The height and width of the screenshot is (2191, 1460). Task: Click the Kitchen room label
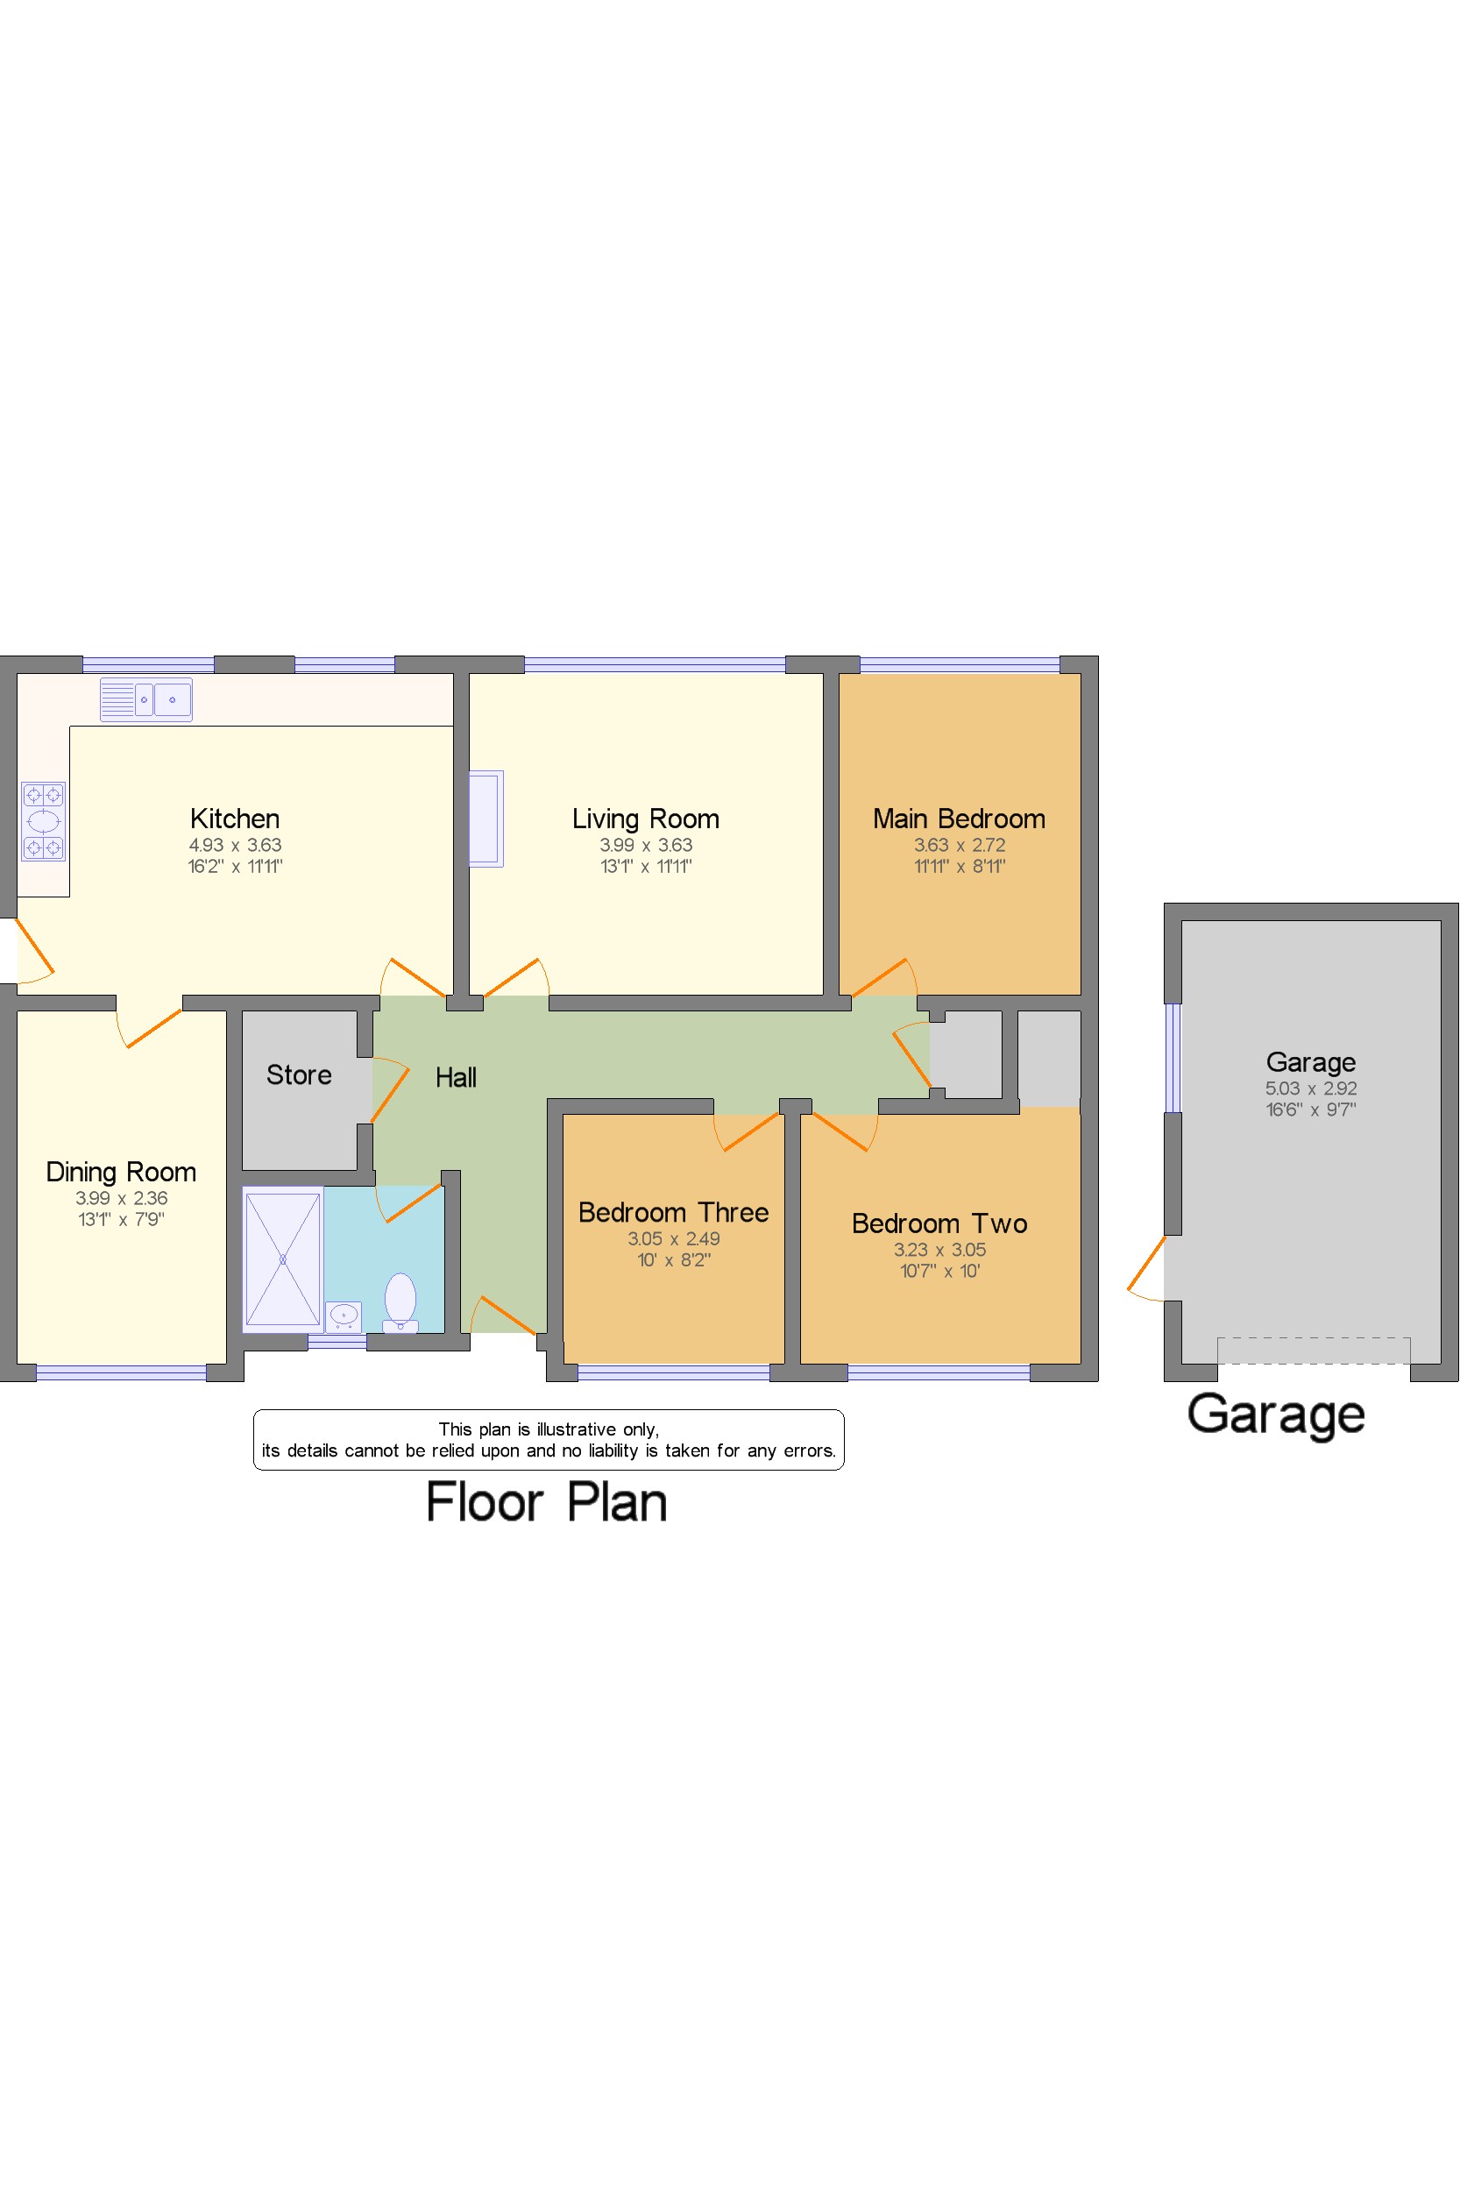click(x=235, y=819)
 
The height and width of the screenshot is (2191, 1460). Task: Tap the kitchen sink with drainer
click(x=146, y=699)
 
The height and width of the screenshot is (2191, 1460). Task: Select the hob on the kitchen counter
click(x=44, y=820)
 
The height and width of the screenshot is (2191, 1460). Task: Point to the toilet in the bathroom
click(x=400, y=1301)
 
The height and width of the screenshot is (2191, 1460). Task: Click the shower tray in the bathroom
click(x=282, y=1259)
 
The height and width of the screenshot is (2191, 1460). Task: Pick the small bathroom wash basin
click(x=344, y=1315)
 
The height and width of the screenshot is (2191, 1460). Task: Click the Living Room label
click(x=645, y=819)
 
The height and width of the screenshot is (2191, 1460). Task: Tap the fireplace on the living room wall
click(x=485, y=819)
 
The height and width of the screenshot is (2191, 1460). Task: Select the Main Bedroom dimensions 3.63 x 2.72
click(x=959, y=845)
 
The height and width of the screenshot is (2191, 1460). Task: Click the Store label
click(x=299, y=1074)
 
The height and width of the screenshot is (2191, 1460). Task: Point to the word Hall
click(x=456, y=1077)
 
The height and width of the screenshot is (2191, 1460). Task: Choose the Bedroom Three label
click(x=673, y=1212)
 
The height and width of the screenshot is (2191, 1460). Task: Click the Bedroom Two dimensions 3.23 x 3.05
click(x=939, y=1250)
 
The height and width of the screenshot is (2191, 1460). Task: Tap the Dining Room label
click(x=121, y=1172)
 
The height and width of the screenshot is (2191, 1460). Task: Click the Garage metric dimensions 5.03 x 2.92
click(x=1310, y=1088)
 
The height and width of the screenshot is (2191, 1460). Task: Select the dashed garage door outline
click(x=1313, y=1351)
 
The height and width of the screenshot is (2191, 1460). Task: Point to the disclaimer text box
click(x=549, y=1440)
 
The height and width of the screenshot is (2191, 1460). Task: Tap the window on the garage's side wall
click(x=1173, y=1058)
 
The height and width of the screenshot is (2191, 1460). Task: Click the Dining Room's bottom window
click(x=121, y=1372)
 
